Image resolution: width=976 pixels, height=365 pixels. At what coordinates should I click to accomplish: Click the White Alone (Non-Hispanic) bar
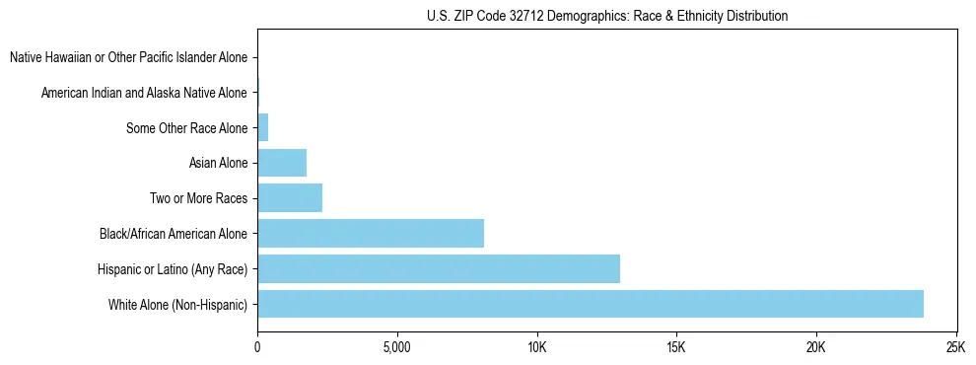pos(590,304)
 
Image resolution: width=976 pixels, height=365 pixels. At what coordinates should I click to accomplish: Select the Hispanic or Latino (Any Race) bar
pos(438,268)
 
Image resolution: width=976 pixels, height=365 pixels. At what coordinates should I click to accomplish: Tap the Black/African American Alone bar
pos(370,233)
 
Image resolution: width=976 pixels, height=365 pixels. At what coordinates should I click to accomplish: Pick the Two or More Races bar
pos(289,197)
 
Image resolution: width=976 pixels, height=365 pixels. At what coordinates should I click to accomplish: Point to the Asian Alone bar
pos(281,163)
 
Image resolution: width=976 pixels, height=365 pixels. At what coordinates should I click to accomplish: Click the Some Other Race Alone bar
pos(262,127)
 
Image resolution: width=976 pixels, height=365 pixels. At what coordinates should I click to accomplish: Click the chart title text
pos(607,16)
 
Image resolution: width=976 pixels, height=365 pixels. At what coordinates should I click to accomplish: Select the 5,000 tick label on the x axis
pos(396,347)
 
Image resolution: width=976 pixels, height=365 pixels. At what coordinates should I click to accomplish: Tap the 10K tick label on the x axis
pos(536,347)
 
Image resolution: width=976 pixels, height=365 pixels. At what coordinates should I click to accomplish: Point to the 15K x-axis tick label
pos(676,347)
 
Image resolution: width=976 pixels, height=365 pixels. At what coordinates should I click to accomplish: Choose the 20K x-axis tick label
pos(816,347)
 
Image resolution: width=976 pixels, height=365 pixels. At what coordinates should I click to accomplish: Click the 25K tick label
pos(955,347)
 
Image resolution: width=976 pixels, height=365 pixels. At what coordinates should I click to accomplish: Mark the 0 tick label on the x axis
pos(257,347)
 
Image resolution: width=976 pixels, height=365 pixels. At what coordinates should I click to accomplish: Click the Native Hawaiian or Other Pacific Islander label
pos(128,57)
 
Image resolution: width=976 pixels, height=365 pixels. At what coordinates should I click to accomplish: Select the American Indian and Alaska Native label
pos(144,93)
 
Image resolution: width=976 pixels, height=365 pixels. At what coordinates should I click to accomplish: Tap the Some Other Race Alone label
pos(187,128)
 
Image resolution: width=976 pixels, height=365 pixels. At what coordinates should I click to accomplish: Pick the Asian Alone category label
pos(218,163)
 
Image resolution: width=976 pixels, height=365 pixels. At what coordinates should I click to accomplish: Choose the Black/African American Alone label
pos(174,234)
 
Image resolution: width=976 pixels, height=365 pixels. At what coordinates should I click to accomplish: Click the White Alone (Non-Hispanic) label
pos(177,304)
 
